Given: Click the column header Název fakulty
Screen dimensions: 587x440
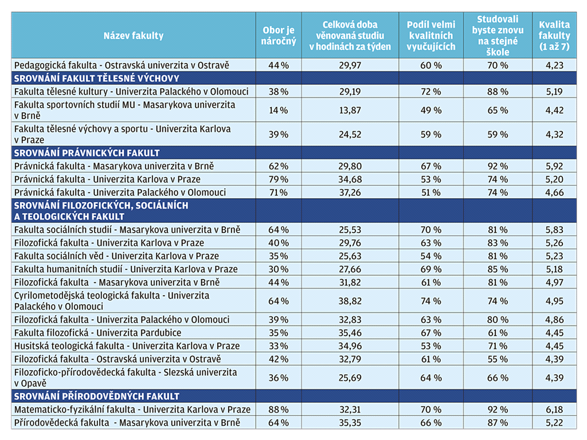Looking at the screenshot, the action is [133, 36].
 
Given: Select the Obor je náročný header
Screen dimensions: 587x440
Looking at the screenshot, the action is [279, 36].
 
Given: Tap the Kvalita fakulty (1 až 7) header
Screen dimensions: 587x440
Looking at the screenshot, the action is [554, 36].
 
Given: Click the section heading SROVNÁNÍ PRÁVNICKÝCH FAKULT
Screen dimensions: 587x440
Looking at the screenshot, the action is [87, 152].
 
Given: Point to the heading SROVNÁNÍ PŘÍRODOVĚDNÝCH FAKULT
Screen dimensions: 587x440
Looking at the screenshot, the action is [96, 396].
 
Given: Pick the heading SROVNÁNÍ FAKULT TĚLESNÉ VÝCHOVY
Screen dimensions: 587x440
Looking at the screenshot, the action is [96, 78].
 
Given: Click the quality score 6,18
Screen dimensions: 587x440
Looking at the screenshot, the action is [554, 409].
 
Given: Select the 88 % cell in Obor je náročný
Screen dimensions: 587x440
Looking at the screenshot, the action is [279, 409].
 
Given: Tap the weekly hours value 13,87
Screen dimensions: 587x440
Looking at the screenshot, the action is [350, 110].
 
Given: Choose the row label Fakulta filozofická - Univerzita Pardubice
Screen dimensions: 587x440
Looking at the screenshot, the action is [97, 333].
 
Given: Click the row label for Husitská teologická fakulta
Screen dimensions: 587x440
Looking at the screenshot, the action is [127, 345].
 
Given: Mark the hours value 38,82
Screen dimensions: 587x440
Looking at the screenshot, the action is [350, 301].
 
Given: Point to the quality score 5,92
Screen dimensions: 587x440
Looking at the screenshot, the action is [554, 166].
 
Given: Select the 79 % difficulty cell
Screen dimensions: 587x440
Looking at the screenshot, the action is [279, 179].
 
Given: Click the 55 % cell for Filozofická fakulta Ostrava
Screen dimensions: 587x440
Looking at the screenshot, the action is [498, 359].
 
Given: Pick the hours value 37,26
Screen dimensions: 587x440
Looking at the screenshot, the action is [350, 192].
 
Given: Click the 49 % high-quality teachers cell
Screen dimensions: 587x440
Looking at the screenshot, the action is [431, 110].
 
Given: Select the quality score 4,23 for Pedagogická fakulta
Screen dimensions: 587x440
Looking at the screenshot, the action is [554, 65].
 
